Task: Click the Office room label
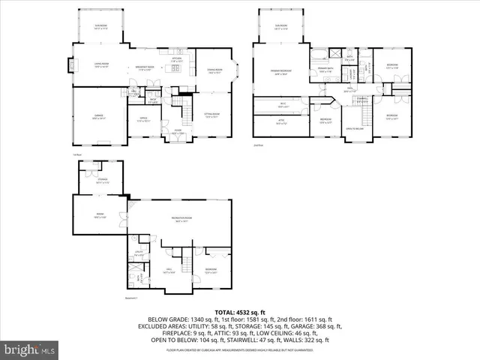tap(144, 118)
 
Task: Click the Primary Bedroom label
tap(281, 72)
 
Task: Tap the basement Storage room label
tap(101, 180)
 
